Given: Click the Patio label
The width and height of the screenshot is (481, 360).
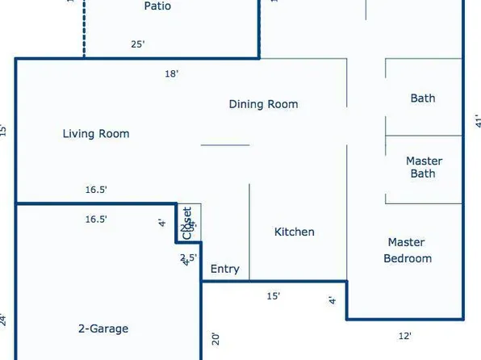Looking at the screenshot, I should pyautogui.click(x=157, y=6).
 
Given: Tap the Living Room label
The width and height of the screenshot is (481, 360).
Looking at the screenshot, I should pyautogui.click(x=96, y=134).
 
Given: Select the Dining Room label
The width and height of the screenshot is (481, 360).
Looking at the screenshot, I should pyautogui.click(x=263, y=104).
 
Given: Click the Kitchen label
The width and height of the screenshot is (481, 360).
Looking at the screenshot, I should pyautogui.click(x=295, y=232).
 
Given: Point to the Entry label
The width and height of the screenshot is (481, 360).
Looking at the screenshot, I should pyautogui.click(x=224, y=269).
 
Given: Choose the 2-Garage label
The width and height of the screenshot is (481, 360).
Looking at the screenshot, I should pyautogui.click(x=103, y=329).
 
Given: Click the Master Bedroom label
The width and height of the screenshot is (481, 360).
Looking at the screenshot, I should pyautogui.click(x=407, y=250).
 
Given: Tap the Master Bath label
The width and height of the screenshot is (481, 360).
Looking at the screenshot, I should pyautogui.click(x=424, y=167).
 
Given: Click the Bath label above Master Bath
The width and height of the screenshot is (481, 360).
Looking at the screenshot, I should pyautogui.click(x=423, y=98).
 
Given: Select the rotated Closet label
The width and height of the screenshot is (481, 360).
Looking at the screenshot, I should pyautogui.click(x=187, y=223).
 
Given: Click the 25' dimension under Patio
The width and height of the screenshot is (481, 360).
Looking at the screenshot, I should pyautogui.click(x=138, y=44).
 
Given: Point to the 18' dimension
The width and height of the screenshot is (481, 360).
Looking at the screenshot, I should pyautogui.click(x=171, y=73).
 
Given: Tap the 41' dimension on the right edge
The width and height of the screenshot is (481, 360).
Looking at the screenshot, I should pyautogui.click(x=477, y=121).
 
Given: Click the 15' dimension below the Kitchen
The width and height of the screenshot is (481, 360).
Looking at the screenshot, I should pyautogui.click(x=274, y=296).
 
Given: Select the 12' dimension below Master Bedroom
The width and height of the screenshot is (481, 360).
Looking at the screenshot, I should pyautogui.click(x=406, y=336).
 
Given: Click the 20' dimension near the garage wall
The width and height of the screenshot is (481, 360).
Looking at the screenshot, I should pyautogui.click(x=215, y=338).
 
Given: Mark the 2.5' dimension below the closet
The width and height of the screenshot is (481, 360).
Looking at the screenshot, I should pyautogui.click(x=187, y=257).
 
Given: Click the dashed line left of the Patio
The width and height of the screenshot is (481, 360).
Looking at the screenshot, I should pyautogui.click(x=84, y=28).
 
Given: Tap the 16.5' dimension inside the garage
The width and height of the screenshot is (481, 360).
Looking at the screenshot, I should pyautogui.click(x=96, y=219).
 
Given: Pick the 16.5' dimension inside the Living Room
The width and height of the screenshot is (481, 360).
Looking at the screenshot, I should pyautogui.click(x=96, y=190).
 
